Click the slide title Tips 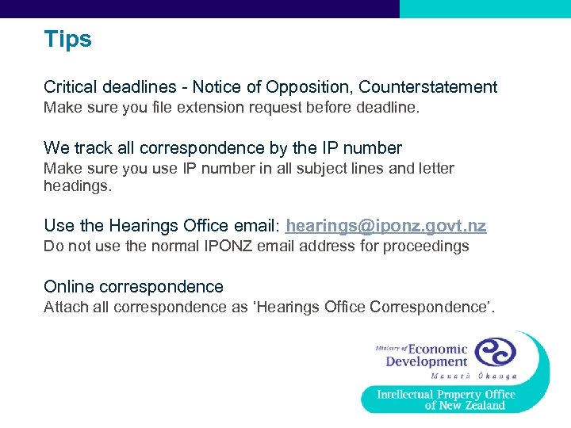pyautogui.click(x=67, y=40)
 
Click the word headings pyautogui.click(x=78, y=186)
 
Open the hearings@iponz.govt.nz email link pyautogui.click(x=386, y=227)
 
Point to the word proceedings pyautogui.click(x=426, y=246)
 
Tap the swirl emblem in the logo pyautogui.click(x=496, y=352)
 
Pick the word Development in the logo pyautogui.click(x=426, y=362)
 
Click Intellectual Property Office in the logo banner pyautogui.click(x=446, y=394)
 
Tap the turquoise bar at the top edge pyautogui.click(x=485, y=9)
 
